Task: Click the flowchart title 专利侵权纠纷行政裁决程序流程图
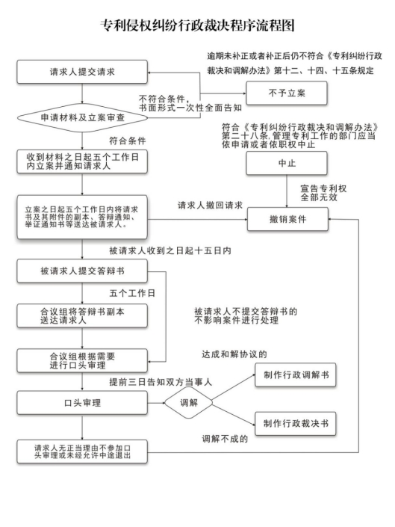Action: point(197,25)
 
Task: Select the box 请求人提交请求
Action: point(82,72)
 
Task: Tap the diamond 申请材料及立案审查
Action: point(82,117)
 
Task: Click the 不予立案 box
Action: point(287,93)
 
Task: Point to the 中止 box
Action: point(287,163)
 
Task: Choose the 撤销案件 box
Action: point(287,219)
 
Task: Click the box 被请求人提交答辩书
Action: point(82,271)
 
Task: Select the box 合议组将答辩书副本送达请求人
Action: point(82,315)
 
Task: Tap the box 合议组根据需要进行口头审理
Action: point(82,360)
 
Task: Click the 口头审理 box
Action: point(82,403)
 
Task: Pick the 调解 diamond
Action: point(189,403)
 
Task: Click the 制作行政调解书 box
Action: point(296,375)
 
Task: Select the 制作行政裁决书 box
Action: point(296,424)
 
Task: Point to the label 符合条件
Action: point(128,141)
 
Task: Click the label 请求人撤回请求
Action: point(210,206)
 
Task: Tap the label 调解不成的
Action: point(225,439)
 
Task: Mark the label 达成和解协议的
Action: point(234,354)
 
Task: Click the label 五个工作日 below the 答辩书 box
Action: point(132,294)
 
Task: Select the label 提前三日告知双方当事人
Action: point(161,382)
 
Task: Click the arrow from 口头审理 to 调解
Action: point(156,403)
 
